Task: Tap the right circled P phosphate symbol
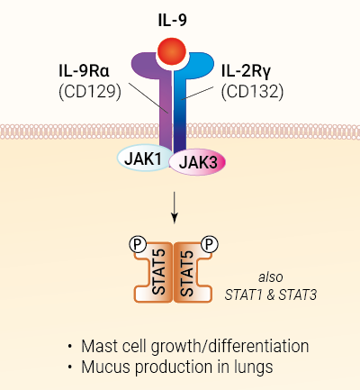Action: [209, 243]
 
